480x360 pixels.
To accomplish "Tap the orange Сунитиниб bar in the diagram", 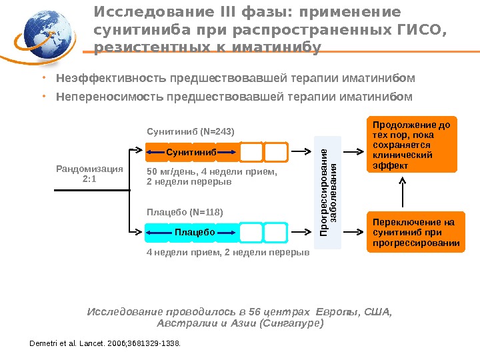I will click(192, 153).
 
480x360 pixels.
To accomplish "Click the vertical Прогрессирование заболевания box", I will click(329, 193).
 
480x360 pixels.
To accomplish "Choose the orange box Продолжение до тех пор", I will click(413, 145).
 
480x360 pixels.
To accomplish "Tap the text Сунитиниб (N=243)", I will click(191, 131).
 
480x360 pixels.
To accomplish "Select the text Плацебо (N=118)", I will click(185, 212).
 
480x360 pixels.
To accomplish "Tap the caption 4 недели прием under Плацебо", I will click(227, 253).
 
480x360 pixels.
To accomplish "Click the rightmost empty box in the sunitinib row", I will click(275, 153).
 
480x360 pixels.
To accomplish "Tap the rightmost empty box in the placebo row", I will click(275, 232).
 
